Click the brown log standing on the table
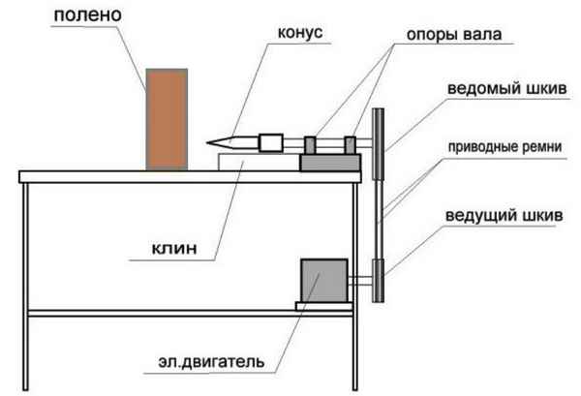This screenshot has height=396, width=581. pyautogui.click(x=167, y=119)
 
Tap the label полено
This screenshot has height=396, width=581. pyautogui.click(x=88, y=15)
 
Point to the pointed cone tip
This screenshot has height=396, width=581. pyautogui.click(x=207, y=142)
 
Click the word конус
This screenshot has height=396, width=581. pyautogui.click(x=300, y=33)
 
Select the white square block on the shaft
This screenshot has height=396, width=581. pyautogui.click(x=271, y=143)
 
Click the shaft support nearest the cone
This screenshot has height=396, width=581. pyautogui.click(x=310, y=145)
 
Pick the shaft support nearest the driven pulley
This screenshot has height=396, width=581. pyautogui.click(x=351, y=145)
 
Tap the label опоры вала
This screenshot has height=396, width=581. pyautogui.click(x=454, y=35)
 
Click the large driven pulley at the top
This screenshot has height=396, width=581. pyautogui.click(x=378, y=143)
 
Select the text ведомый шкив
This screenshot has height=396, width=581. pyautogui.click(x=506, y=89)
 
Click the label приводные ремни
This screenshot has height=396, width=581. pyautogui.click(x=505, y=147)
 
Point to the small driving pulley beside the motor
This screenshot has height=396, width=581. pyautogui.click(x=378, y=281)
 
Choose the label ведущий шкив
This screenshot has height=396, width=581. pyautogui.click(x=504, y=216)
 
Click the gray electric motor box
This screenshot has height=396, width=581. pyautogui.click(x=324, y=281)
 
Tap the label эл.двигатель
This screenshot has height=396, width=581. pyautogui.click(x=211, y=361)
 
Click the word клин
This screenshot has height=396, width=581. pyautogui.click(x=174, y=249)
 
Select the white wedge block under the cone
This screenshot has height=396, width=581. pyautogui.click(x=259, y=163)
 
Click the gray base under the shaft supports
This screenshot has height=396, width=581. pyautogui.click(x=330, y=163)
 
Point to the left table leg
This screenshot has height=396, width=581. pyautogui.click(x=25, y=287)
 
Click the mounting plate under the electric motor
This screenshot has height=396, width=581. pyautogui.click(x=324, y=306)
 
